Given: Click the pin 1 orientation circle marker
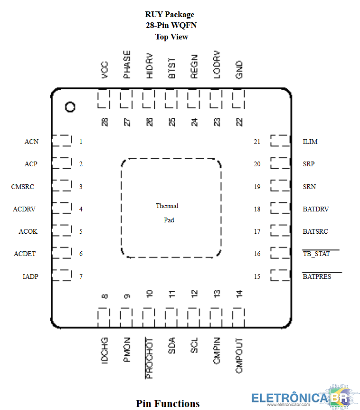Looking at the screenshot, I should (70, 107).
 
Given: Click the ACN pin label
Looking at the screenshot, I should (31, 142).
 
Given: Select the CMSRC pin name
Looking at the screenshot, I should (23, 187).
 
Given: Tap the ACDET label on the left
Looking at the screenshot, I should (25, 254).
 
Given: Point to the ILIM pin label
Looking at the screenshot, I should (310, 142).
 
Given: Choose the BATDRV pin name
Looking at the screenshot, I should (316, 209).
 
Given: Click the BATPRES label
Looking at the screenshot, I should (317, 276).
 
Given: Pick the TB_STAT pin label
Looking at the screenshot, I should (316, 254).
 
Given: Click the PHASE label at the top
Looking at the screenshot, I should (127, 65).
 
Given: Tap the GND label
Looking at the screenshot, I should (239, 69).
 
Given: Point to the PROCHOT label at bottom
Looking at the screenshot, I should (149, 358).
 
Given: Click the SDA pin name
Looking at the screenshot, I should (172, 345).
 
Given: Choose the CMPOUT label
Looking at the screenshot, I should (239, 356).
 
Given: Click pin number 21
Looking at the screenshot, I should (257, 142).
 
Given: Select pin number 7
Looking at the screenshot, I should (81, 276).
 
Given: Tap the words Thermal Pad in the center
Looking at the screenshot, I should (168, 213).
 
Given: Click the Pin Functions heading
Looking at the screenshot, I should (168, 403).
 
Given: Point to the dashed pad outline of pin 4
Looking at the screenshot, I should (61, 209).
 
